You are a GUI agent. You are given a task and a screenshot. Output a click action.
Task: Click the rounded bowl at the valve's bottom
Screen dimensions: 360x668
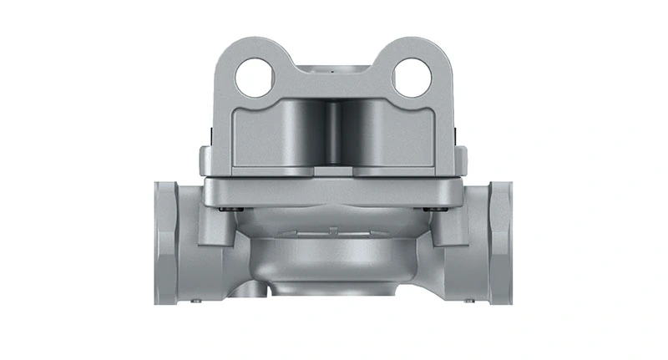(333, 259)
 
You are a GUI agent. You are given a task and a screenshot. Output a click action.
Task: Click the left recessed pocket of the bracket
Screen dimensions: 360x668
(288, 138)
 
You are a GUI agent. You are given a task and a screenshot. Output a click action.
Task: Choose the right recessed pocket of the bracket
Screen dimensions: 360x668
(380, 138)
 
